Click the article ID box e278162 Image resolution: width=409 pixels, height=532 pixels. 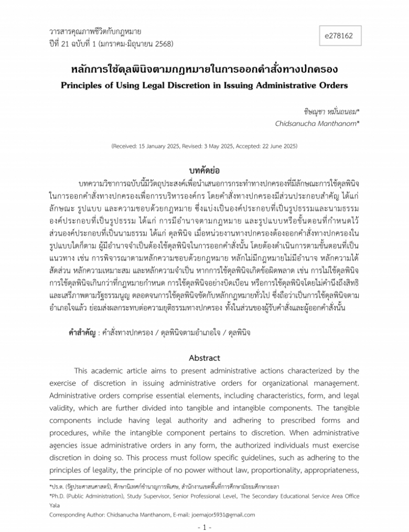[x=339, y=36]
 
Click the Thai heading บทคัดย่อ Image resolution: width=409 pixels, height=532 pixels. [x=204, y=171]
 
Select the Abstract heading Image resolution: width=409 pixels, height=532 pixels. [x=204, y=358]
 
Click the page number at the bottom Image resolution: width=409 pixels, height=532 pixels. [x=204, y=526]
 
